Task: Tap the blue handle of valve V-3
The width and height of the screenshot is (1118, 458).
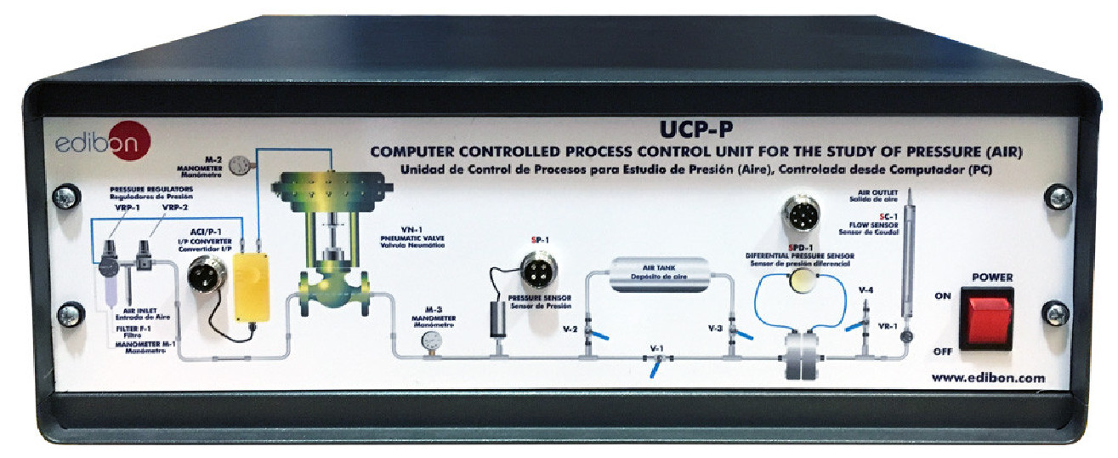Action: [x=742, y=338]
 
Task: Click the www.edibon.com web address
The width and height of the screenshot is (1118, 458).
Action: [x=988, y=379]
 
